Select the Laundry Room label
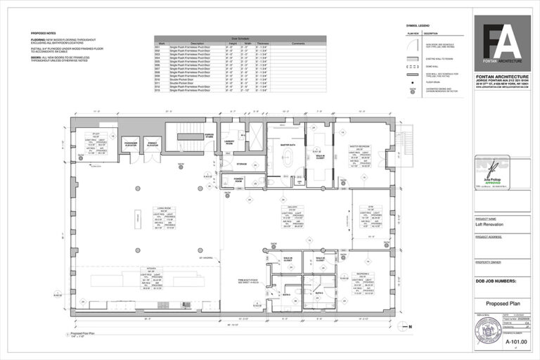click(229, 142)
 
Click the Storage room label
click(241, 164)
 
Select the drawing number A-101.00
click(502, 340)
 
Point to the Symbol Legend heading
click(416, 27)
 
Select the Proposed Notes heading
click(44, 33)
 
